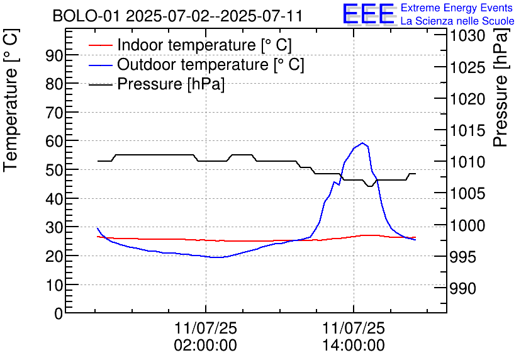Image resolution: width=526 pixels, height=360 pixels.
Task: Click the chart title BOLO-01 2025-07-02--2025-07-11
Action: [x=177, y=16]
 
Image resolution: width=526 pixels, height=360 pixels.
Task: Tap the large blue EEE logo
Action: [x=369, y=14]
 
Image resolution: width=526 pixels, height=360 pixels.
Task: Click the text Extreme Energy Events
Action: [x=457, y=8]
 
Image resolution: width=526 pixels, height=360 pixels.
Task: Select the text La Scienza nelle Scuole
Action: [x=457, y=21]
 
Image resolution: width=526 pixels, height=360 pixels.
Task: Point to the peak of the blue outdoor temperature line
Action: [x=362, y=143]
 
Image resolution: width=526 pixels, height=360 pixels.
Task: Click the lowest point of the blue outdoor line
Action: [x=216, y=257]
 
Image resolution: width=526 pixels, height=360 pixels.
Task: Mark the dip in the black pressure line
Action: [x=370, y=186]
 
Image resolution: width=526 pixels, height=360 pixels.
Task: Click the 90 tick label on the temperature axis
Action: [x=55, y=55]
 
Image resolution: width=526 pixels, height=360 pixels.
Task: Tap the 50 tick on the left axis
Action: [x=55, y=170]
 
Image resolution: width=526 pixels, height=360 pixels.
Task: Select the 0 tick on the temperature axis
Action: [x=59, y=313]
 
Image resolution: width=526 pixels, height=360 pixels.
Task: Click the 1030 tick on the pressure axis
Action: [x=467, y=36]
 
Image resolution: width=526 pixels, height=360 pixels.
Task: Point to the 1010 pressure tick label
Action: [x=467, y=162]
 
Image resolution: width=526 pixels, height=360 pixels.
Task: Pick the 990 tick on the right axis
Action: [x=464, y=288]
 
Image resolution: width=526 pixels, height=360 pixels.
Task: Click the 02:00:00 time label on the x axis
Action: [x=205, y=345]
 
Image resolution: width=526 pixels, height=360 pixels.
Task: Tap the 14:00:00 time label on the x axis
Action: [x=353, y=345]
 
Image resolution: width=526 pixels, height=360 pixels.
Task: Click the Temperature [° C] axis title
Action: [x=11, y=111]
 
